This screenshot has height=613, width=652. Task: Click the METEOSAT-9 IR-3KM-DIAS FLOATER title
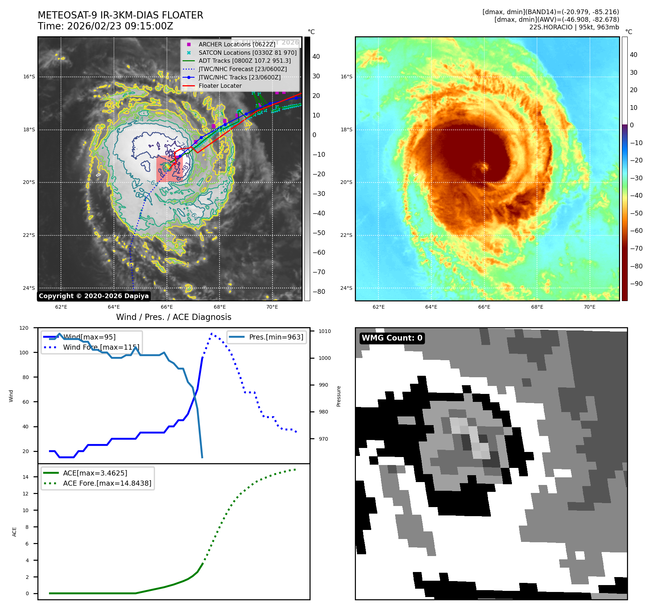[x=120, y=15]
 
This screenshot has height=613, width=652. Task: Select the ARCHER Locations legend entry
[x=237, y=44]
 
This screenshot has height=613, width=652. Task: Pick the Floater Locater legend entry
[x=220, y=86]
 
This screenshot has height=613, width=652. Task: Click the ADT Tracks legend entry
[x=245, y=61]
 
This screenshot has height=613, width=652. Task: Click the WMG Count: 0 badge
[x=392, y=338]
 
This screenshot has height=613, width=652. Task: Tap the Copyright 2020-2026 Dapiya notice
[x=94, y=296]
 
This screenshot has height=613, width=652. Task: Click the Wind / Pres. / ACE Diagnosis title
[x=173, y=317]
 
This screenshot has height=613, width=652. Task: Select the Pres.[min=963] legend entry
[x=276, y=337]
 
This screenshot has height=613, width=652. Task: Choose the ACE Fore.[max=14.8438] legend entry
[x=107, y=483]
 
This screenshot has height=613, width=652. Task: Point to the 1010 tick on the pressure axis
[x=325, y=331]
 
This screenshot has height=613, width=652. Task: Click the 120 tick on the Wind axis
[x=24, y=328]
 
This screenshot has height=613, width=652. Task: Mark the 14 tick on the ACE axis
[x=25, y=477]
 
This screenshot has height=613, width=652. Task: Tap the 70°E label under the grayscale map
[x=272, y=307]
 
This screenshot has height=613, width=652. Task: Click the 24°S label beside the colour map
[x=346, y=288]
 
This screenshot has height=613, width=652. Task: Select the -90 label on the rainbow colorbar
[x=636, y=284]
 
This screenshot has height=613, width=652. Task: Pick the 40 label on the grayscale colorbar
[x=316, y=57]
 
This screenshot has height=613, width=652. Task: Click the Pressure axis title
[x=339, y=396]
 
